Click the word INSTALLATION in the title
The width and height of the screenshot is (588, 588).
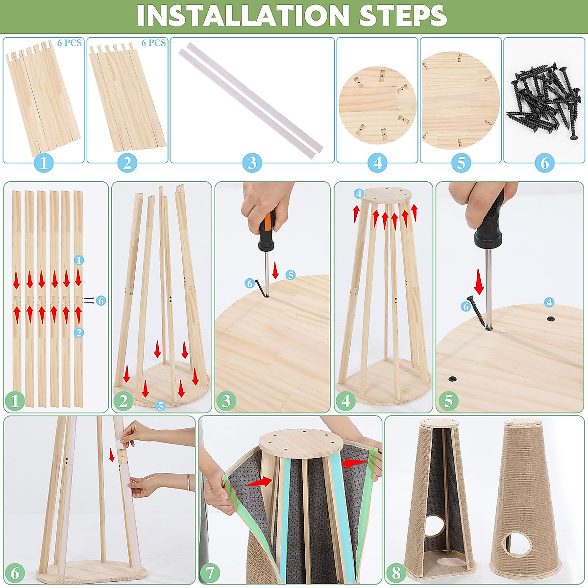(x=243, y=16)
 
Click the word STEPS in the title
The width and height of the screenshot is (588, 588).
(x=402, y=16)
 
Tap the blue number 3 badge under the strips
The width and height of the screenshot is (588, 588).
(x=252, y=163)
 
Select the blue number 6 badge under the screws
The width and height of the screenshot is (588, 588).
(x=545, y=163)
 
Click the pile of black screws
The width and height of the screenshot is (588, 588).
(x=543, y=101)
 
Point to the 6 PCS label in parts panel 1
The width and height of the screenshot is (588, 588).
(x=70, y=43)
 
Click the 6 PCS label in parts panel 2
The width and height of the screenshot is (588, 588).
(x=153, y=43)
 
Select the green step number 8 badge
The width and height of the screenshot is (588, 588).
(x=396, y=574)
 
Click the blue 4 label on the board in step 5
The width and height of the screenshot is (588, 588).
(x=549, y=302)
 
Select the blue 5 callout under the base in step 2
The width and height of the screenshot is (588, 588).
(x=160, y=406)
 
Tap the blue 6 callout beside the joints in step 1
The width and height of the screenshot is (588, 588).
(x=101, y=300)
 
